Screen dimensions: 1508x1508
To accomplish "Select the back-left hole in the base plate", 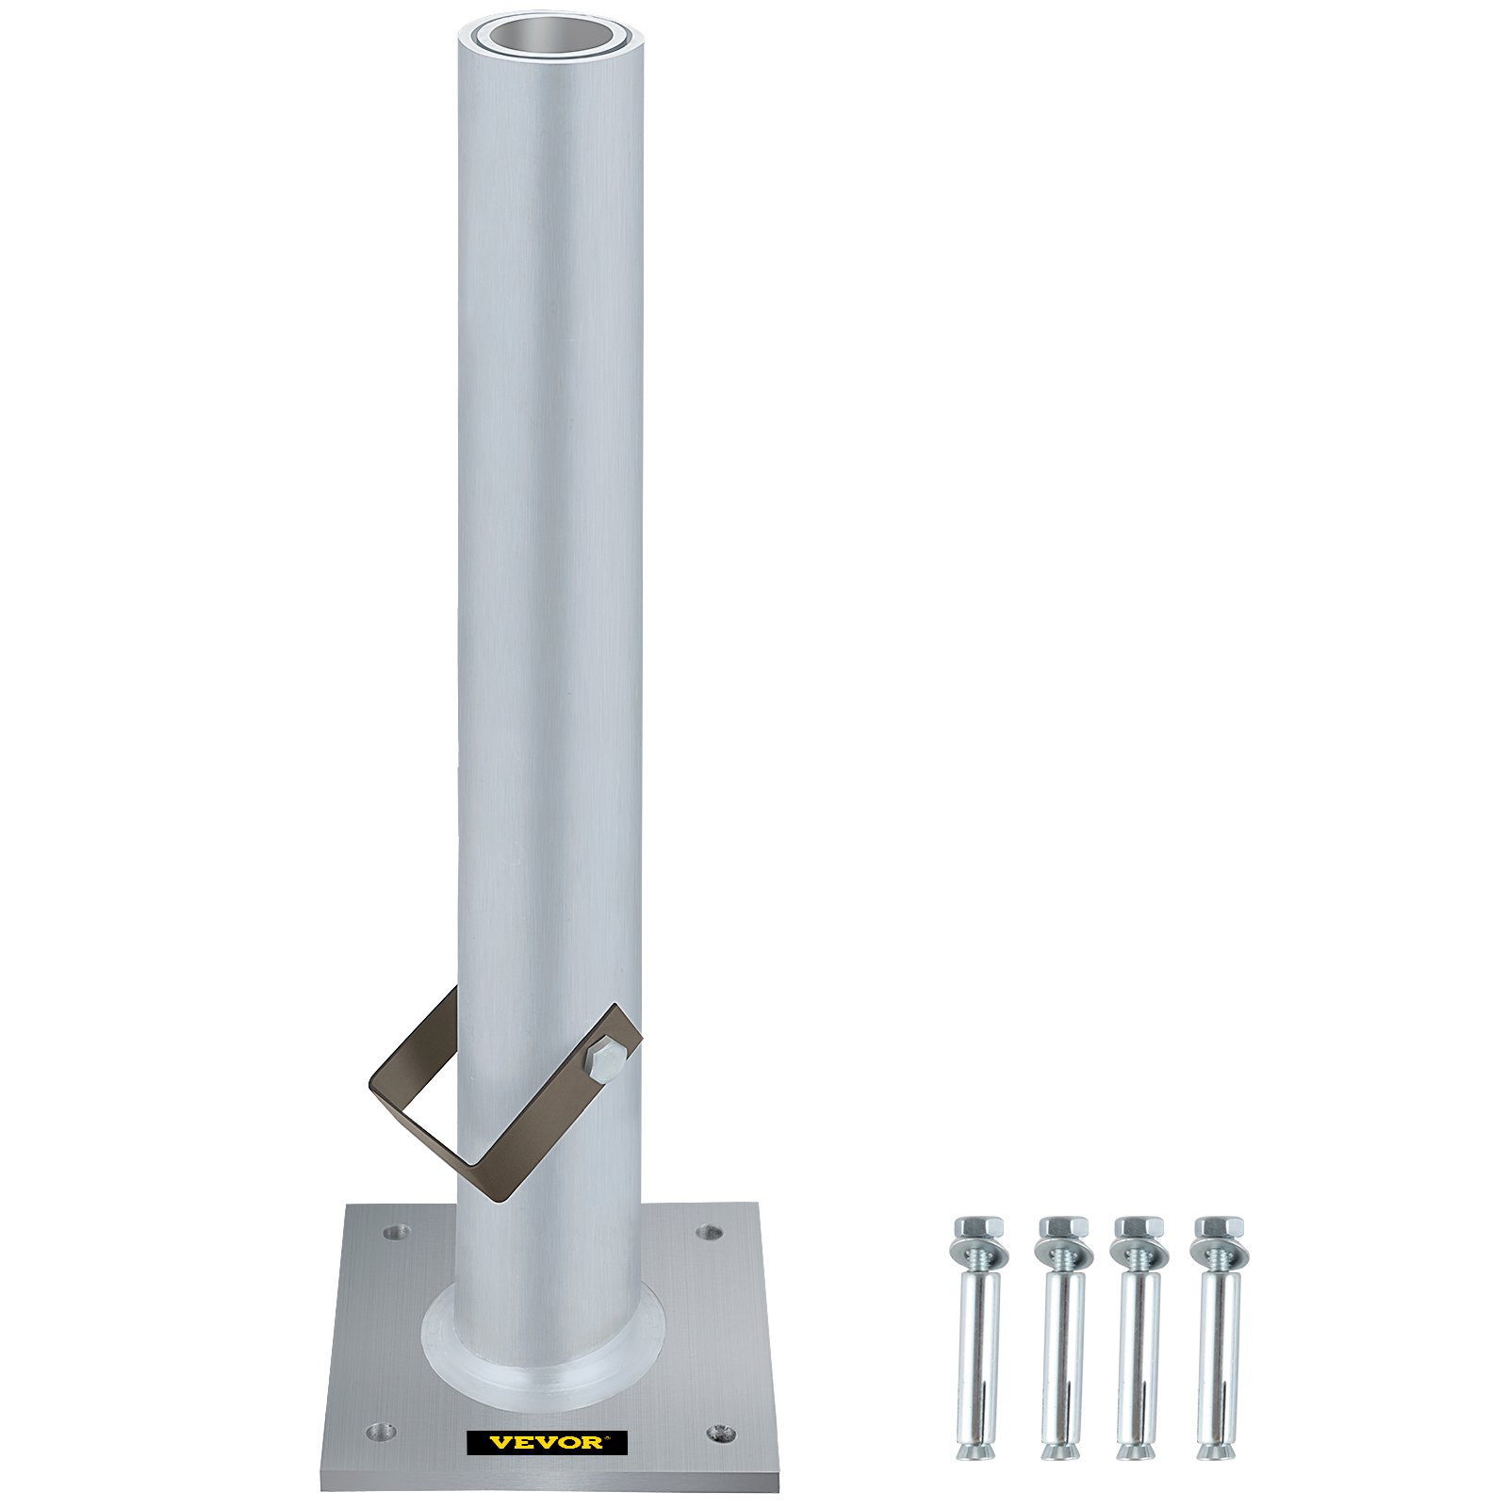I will pyautogui.click(x=393, y=1231).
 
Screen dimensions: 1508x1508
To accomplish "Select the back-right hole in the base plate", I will pyautogui.click(x=709, y=1231).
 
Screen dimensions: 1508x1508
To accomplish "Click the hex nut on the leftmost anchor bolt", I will pyautogui.click(x=978, y=1229).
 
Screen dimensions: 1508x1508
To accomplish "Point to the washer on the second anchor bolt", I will pyautogui.click(x=1062, y=1254).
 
